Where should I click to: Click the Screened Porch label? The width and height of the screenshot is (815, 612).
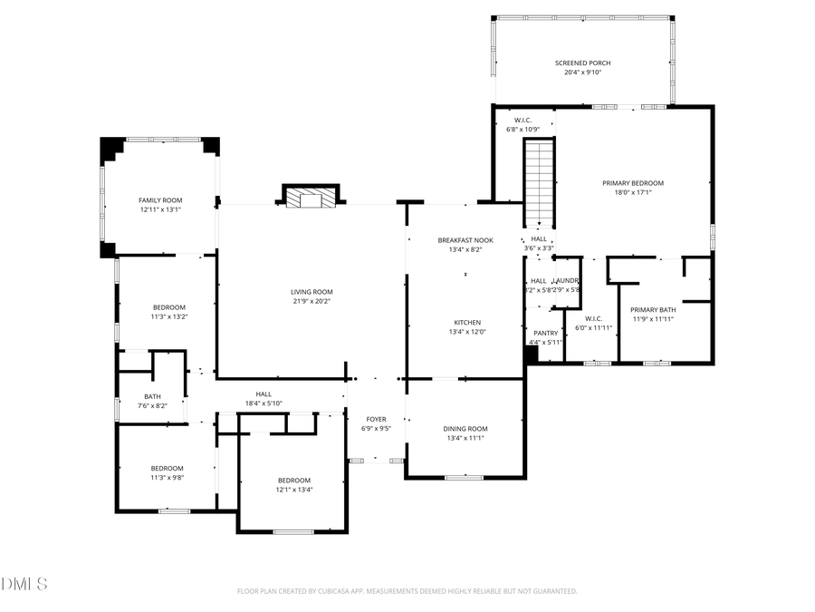[x=582, y=63]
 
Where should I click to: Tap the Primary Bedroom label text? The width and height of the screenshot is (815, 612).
[x=633, y=183]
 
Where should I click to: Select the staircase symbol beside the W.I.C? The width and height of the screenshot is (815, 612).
[x=539, y=182]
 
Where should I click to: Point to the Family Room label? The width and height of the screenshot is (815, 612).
[x=160, y=199]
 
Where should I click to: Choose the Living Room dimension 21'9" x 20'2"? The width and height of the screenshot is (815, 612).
[x=311, y=301]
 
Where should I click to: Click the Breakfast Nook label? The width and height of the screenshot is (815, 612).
[x=465, y=240]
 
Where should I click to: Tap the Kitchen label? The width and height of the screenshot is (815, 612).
[x=467, y=323]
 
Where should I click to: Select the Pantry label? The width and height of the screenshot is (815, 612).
[x=545, y=334]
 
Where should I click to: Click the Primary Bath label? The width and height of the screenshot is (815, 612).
[x=652, y=309]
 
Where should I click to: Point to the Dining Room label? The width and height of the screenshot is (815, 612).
[x=465, y=429]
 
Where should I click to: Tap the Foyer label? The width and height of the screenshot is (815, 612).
[x=376, y=419]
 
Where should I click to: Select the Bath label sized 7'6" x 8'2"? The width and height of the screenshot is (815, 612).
[x=152, y=396]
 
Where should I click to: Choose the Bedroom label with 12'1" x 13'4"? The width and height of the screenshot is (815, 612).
[x=294, y=481]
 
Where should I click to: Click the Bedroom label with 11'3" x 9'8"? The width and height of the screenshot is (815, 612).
[x=167, y=469]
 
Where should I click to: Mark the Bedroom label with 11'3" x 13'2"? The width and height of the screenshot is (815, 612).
[x=168, y=307]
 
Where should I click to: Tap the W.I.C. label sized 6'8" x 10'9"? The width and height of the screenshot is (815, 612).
[x=523, y=120]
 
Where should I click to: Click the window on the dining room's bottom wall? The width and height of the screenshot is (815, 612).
[x=464, y=477]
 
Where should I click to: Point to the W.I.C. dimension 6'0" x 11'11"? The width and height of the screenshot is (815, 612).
[x=594, y=327]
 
